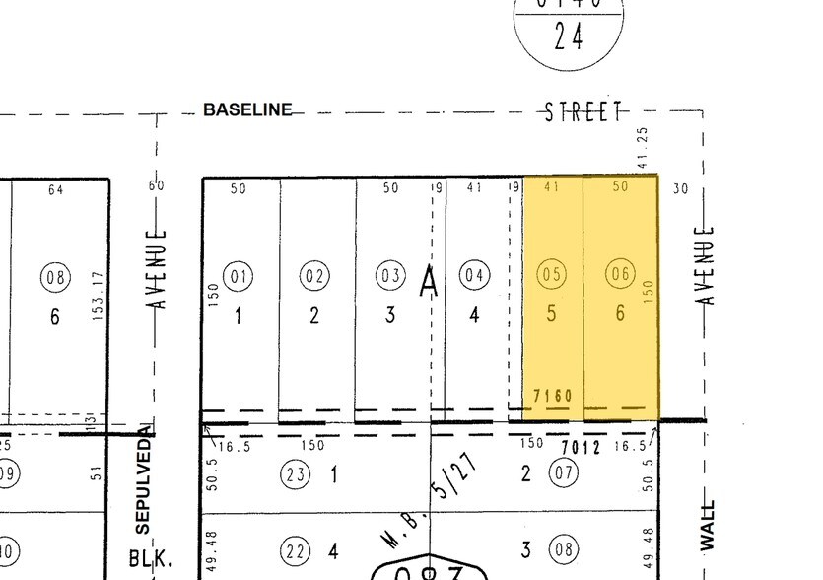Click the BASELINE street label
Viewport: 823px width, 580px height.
(x=247, y=109)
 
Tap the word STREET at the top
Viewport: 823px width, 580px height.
(x=585, y=111)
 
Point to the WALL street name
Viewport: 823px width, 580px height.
(x=707, y=526)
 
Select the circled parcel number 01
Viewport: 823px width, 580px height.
(x=239, y=277)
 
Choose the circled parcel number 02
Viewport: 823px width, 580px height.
(x=314, y=277)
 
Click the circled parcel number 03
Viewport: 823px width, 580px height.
(x=390, y=277)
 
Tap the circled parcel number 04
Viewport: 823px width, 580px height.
(x=475, y=276)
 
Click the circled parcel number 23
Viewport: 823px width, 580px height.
(x=297, y=475)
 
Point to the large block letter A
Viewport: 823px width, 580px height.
(x=429, y=283)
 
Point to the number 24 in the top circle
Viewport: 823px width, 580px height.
(x=569, y=36)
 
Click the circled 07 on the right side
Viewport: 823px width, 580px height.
(x=565, y=475)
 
